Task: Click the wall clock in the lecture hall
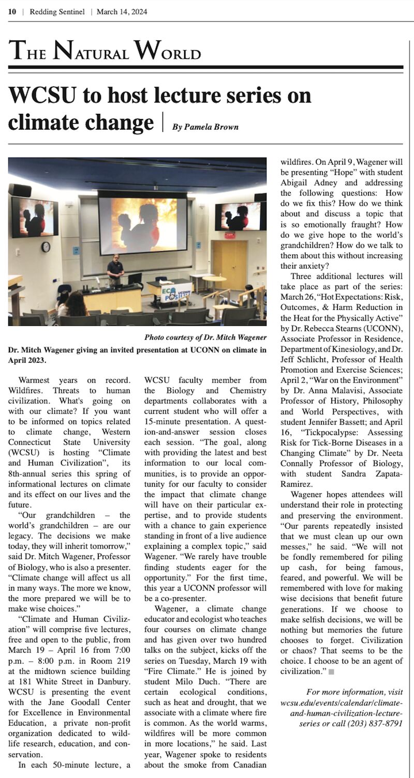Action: (46, 247)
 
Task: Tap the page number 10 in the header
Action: (12, 12)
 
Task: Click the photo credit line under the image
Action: (205, 338)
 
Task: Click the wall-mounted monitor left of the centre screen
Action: (35, 217)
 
